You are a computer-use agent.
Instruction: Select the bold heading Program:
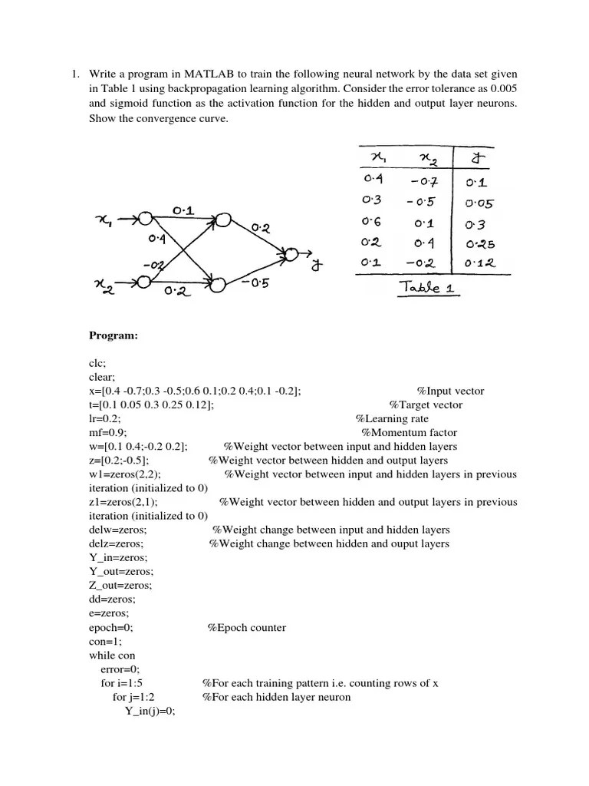(113, 335)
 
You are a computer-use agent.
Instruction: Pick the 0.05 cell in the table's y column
(480, 204)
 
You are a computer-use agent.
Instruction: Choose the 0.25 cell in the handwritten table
(481, 244)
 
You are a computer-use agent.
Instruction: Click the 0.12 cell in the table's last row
(481, 263)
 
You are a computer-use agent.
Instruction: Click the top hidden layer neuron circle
(222, 220)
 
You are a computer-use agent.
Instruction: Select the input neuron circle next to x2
(143, 282)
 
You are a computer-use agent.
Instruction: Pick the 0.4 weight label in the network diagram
(157, 239)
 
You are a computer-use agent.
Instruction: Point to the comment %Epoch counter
(246, 627)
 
